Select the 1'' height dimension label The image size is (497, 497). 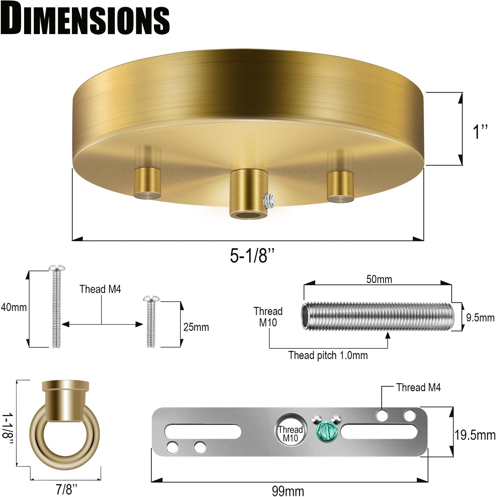480,131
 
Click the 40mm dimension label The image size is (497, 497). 14,307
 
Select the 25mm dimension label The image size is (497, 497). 196,327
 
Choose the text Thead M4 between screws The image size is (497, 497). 100,289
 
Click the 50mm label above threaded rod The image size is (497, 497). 379,279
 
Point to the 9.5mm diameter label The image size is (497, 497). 480,317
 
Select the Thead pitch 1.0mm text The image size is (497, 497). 328,355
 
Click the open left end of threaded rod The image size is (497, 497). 305,315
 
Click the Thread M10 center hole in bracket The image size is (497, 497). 291,432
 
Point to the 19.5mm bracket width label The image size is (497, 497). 475,435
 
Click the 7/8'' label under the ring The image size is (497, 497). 66,489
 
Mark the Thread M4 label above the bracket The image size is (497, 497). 418,388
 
